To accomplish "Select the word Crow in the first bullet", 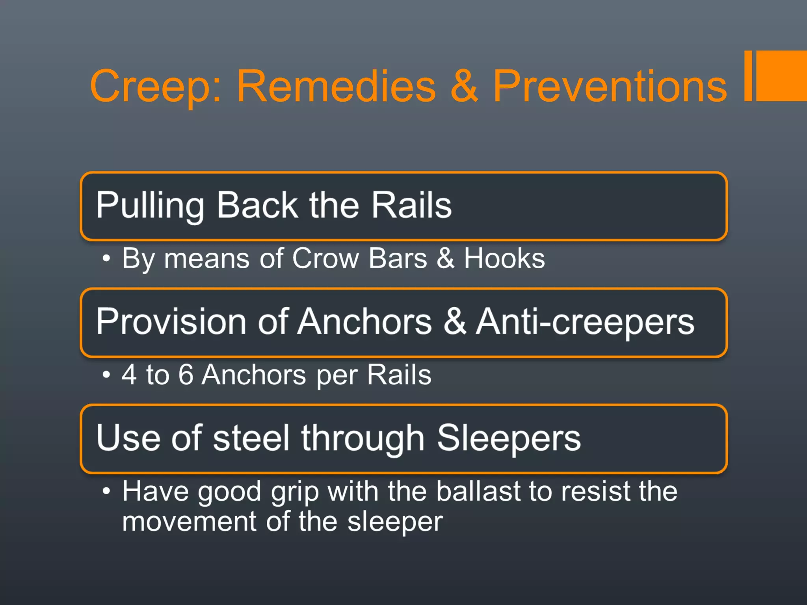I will click(325, 259).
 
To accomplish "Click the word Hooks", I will click(504, 259).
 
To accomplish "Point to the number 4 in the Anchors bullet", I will click(129, 375).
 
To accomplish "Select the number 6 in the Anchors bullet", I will click(186, 375).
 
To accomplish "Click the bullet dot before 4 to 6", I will click(106, 375).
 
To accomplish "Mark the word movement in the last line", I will click(189, 521).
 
